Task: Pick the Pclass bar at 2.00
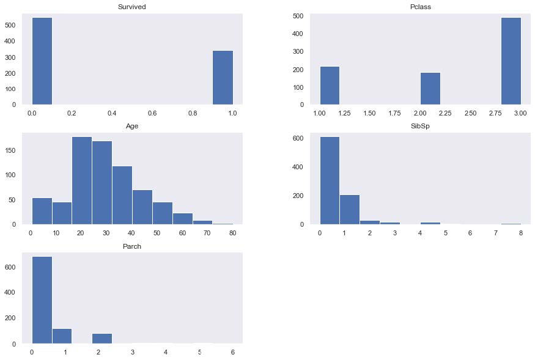click(430, 89)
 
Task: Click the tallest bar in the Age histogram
click(82, 180)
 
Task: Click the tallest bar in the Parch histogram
click(42, 300)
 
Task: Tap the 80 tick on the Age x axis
click(232, 233)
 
